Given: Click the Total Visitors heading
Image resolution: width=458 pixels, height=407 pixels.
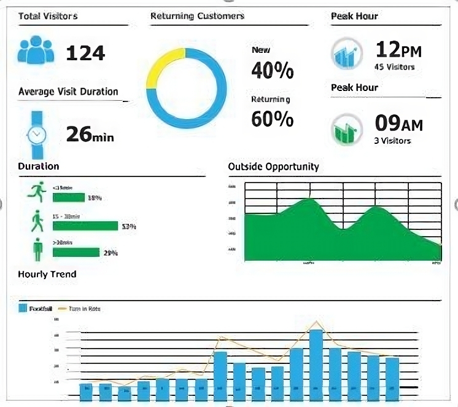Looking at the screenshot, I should click(48, 16).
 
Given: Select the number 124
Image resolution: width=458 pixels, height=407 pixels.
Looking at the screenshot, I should click(85, 53).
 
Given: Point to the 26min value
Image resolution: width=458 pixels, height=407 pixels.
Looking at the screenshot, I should click(90, 134).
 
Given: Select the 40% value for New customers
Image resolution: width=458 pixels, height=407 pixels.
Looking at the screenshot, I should click(273, 71).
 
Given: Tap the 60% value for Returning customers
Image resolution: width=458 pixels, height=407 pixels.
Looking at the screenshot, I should click(273, 119).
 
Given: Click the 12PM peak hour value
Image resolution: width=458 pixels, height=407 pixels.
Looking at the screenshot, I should click(398, 49).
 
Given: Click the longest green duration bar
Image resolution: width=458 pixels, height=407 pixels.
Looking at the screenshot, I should click(85, 226).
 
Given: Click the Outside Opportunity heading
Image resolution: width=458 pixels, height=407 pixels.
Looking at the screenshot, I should click(273, 167).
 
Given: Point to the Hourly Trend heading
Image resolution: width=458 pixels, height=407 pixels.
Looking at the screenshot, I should click(47, 274).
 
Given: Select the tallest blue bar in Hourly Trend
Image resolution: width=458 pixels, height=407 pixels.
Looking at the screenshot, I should click(316, 365).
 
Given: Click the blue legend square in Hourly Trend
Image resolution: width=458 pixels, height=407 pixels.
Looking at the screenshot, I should click(22, 309).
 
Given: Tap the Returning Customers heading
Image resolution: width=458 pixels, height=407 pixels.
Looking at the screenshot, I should click(197, 16).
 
